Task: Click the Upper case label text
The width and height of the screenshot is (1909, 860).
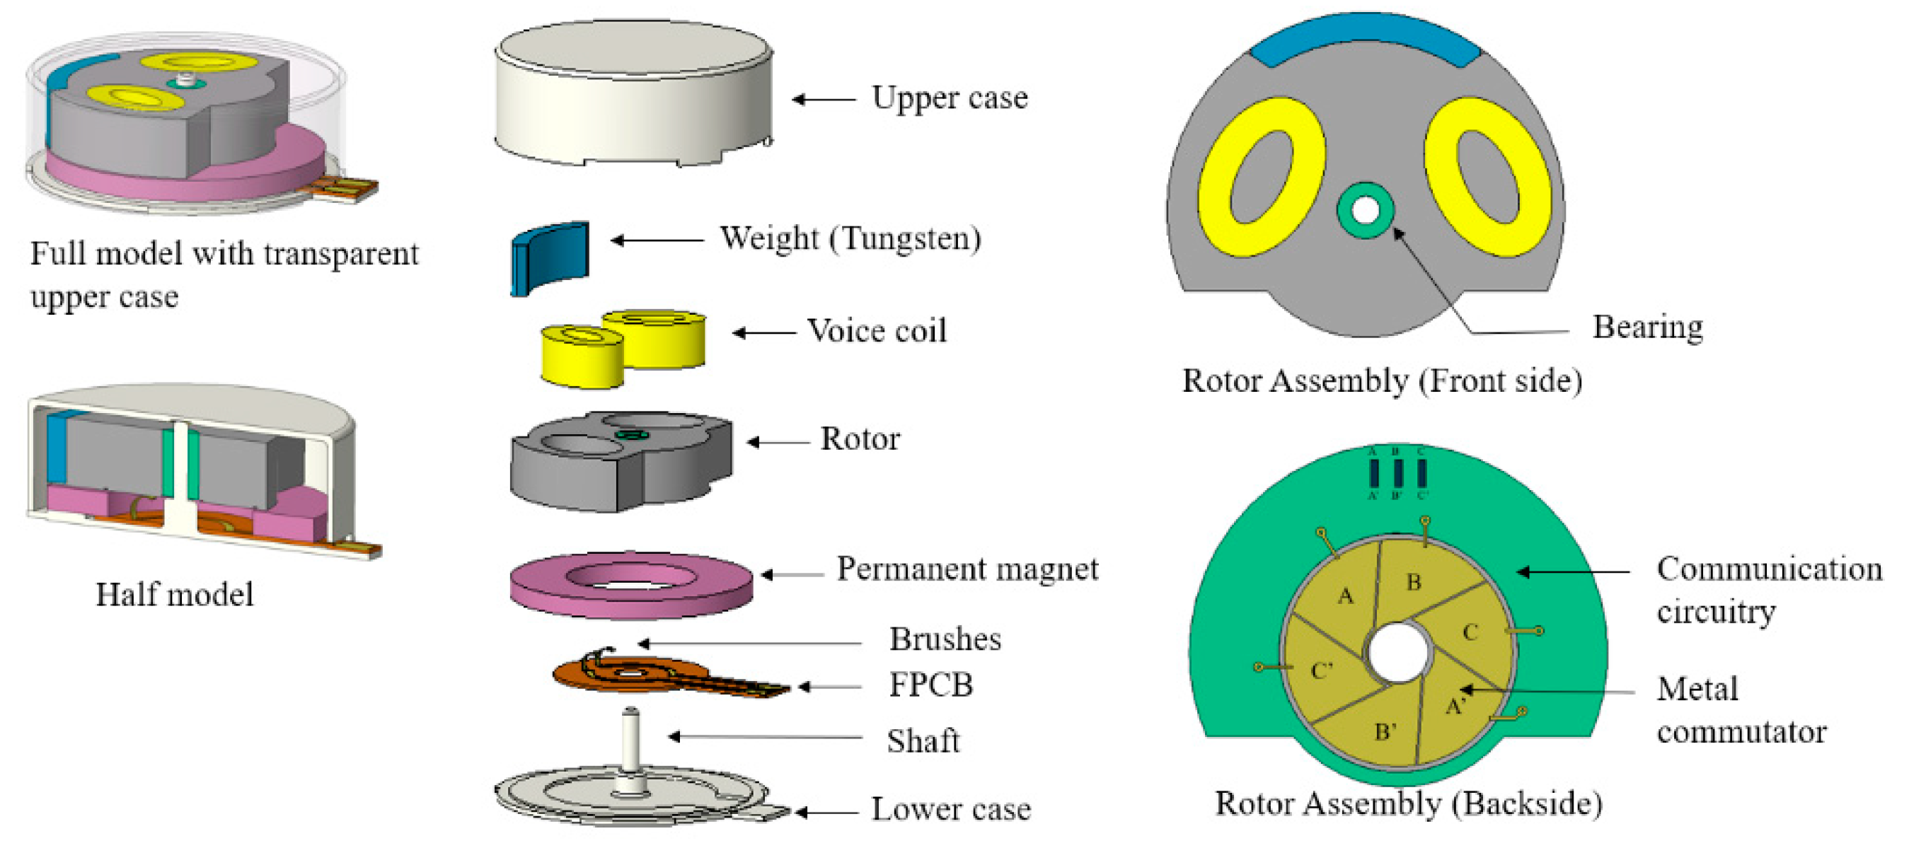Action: pyautogui.click(x=950, y=98)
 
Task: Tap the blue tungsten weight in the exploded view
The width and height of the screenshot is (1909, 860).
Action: pyautogui.click(x=550, y=257)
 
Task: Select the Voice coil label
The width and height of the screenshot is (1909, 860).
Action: pyautogui.click(x=877, y=330)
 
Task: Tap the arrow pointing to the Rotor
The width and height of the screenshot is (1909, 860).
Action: pyautogui.click(x=778, y=442)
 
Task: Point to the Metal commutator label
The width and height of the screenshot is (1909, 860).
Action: pyautogui.click(x=1741, y=709)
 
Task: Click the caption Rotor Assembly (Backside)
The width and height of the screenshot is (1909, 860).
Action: pyautogui.click(x=1408, y=803)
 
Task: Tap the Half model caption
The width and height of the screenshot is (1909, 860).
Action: pyautogui.click(x=174, y=595)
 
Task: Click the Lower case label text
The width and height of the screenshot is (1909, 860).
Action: pyautogui.click(x=951, y=809)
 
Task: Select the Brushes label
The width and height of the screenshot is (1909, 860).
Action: pyautogui.click(x=945, y=639)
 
